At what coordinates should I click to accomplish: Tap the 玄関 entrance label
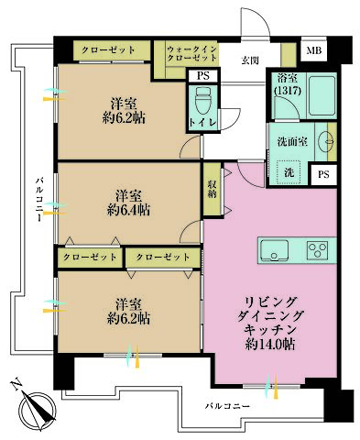pyautogui.click(x=250, y=61)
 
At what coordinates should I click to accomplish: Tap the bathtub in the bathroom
pyautogui.click(x=320, y=94)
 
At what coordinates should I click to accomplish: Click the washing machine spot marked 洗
pyautogui.click(x=288, y=172)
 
